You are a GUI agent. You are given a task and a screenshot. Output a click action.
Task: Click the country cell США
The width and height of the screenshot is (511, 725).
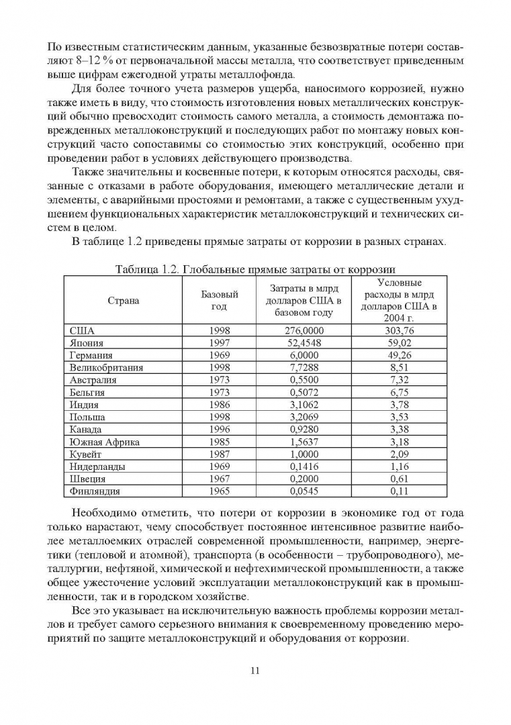82,331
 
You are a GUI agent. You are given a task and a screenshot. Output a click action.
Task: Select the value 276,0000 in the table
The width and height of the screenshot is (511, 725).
304,331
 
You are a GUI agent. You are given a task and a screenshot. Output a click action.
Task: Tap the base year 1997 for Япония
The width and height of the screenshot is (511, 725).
220,343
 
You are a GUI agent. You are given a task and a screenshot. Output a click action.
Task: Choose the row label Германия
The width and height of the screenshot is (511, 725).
91,355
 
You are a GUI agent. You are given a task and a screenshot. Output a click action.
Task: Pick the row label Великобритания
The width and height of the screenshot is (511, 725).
106,367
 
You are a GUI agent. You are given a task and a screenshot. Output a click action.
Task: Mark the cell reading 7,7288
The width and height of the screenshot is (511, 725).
304,367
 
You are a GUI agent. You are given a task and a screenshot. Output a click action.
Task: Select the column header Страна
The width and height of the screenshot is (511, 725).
124,301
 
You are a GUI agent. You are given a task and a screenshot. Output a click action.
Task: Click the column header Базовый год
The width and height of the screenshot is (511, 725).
220,301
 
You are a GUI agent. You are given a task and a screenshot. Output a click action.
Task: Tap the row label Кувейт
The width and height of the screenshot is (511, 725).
86,454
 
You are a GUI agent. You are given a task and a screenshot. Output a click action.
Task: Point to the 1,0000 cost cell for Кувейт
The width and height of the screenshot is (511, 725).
304,454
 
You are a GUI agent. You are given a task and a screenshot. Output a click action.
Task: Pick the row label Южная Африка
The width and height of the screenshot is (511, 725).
99,442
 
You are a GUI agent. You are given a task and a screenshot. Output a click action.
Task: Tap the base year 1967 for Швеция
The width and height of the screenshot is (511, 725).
220,479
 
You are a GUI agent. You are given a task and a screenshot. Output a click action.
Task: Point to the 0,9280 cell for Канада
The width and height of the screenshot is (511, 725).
304,429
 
